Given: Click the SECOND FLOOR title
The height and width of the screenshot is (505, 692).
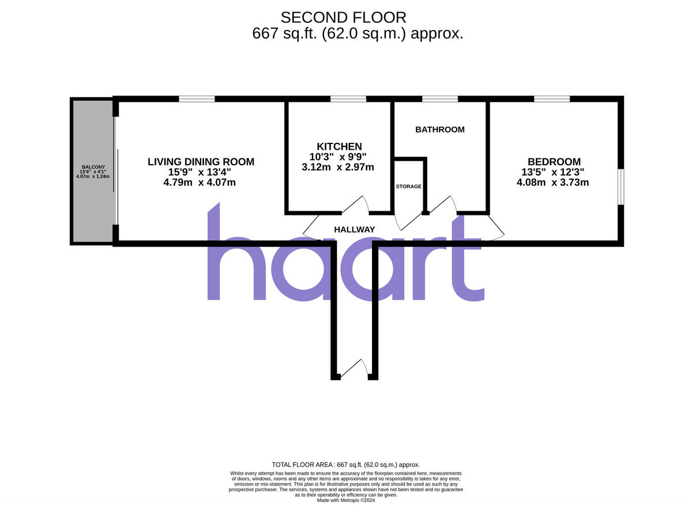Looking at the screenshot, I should [343, 17].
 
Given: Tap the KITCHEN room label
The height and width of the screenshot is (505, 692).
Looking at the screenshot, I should [339, 146].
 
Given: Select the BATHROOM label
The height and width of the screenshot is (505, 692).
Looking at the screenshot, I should [440, 130].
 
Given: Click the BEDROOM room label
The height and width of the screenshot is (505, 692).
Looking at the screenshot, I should [554, 162].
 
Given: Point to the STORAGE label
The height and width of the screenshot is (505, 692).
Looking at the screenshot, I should [408, 187].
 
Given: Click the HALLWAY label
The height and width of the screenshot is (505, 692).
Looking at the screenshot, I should [355, 229].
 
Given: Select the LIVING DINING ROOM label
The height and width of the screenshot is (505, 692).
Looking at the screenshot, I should [201, 162].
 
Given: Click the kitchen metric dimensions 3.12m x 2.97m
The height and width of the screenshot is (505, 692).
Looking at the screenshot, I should [338, 168].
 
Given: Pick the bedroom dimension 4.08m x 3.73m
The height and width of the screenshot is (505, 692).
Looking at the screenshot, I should [552, 183].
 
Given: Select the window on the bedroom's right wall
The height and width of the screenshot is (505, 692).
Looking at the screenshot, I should [620, 187].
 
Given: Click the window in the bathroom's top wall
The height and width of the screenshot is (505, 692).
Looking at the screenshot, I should [440, 99].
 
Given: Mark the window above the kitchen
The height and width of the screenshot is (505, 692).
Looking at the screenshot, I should [348, 99].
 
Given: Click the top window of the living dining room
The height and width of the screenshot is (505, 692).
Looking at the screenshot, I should [197, 99].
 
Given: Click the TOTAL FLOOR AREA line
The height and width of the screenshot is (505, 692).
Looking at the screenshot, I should [345, 465].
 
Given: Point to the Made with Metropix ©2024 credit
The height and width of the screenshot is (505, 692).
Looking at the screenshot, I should [345, 500].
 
